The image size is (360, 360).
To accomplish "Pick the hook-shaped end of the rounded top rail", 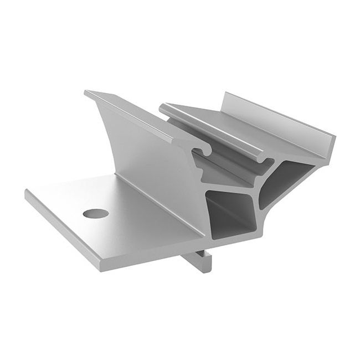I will pyautogui.click(x=263, y=160).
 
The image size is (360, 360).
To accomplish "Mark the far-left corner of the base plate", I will pyautogui.click(x=27, y=191).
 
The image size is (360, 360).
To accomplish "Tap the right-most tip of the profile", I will pyautogui.click(x=336, y=136).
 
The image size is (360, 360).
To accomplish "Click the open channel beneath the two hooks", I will pyautogui.click(x=222, y=166).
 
